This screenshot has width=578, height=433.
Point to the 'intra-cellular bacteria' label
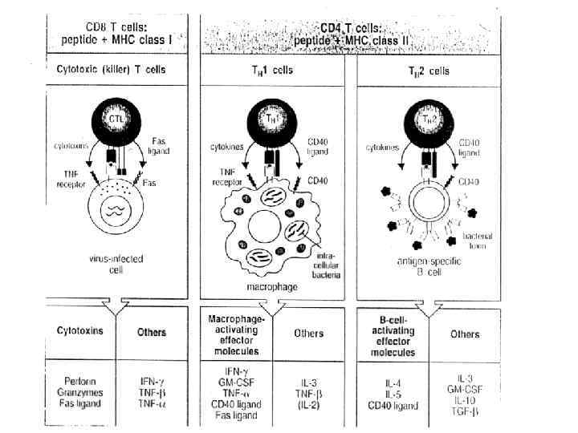tap(325, 265)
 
